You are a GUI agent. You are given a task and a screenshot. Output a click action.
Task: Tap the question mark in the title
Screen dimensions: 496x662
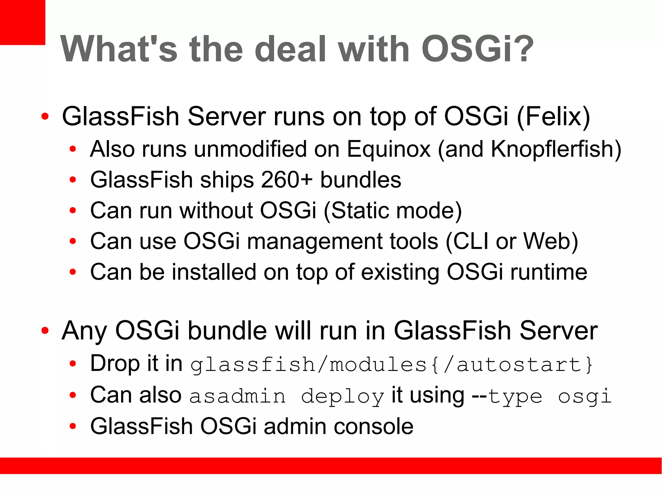tap(520, 49)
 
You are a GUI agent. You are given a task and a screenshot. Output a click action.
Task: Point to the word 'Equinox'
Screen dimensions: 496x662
tap(389, 149)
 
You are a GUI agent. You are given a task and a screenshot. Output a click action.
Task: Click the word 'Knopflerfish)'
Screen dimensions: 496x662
tap(556, 149)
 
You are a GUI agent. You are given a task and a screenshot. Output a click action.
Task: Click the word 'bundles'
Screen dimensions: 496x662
tap(360, 180)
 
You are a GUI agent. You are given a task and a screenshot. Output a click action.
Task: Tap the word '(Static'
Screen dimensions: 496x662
tap(356, 211)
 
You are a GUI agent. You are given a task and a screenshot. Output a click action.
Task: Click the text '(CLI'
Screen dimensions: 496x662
tap(467, 241)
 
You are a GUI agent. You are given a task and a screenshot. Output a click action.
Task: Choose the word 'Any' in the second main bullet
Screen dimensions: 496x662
tap(84, 331)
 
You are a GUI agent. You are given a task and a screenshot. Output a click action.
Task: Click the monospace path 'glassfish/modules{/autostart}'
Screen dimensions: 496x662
tap(391, 364)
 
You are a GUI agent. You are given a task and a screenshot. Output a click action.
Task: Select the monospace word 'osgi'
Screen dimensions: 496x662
tap(585, 396)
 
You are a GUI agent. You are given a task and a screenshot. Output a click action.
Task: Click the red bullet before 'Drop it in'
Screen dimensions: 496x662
tap(73, 364)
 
